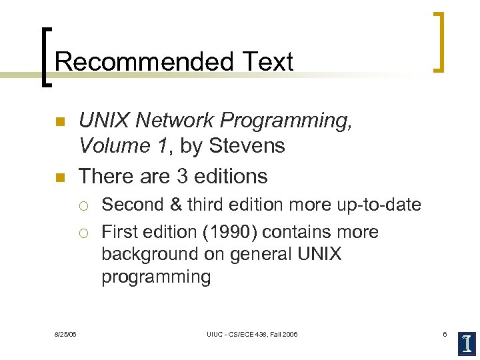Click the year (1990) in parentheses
pos(229,232)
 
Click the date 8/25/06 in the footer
pos(65,333)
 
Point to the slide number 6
pos(445,333)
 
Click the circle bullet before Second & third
pos(84,205)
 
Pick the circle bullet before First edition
pos(84,233)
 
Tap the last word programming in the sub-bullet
pos(156,277)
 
